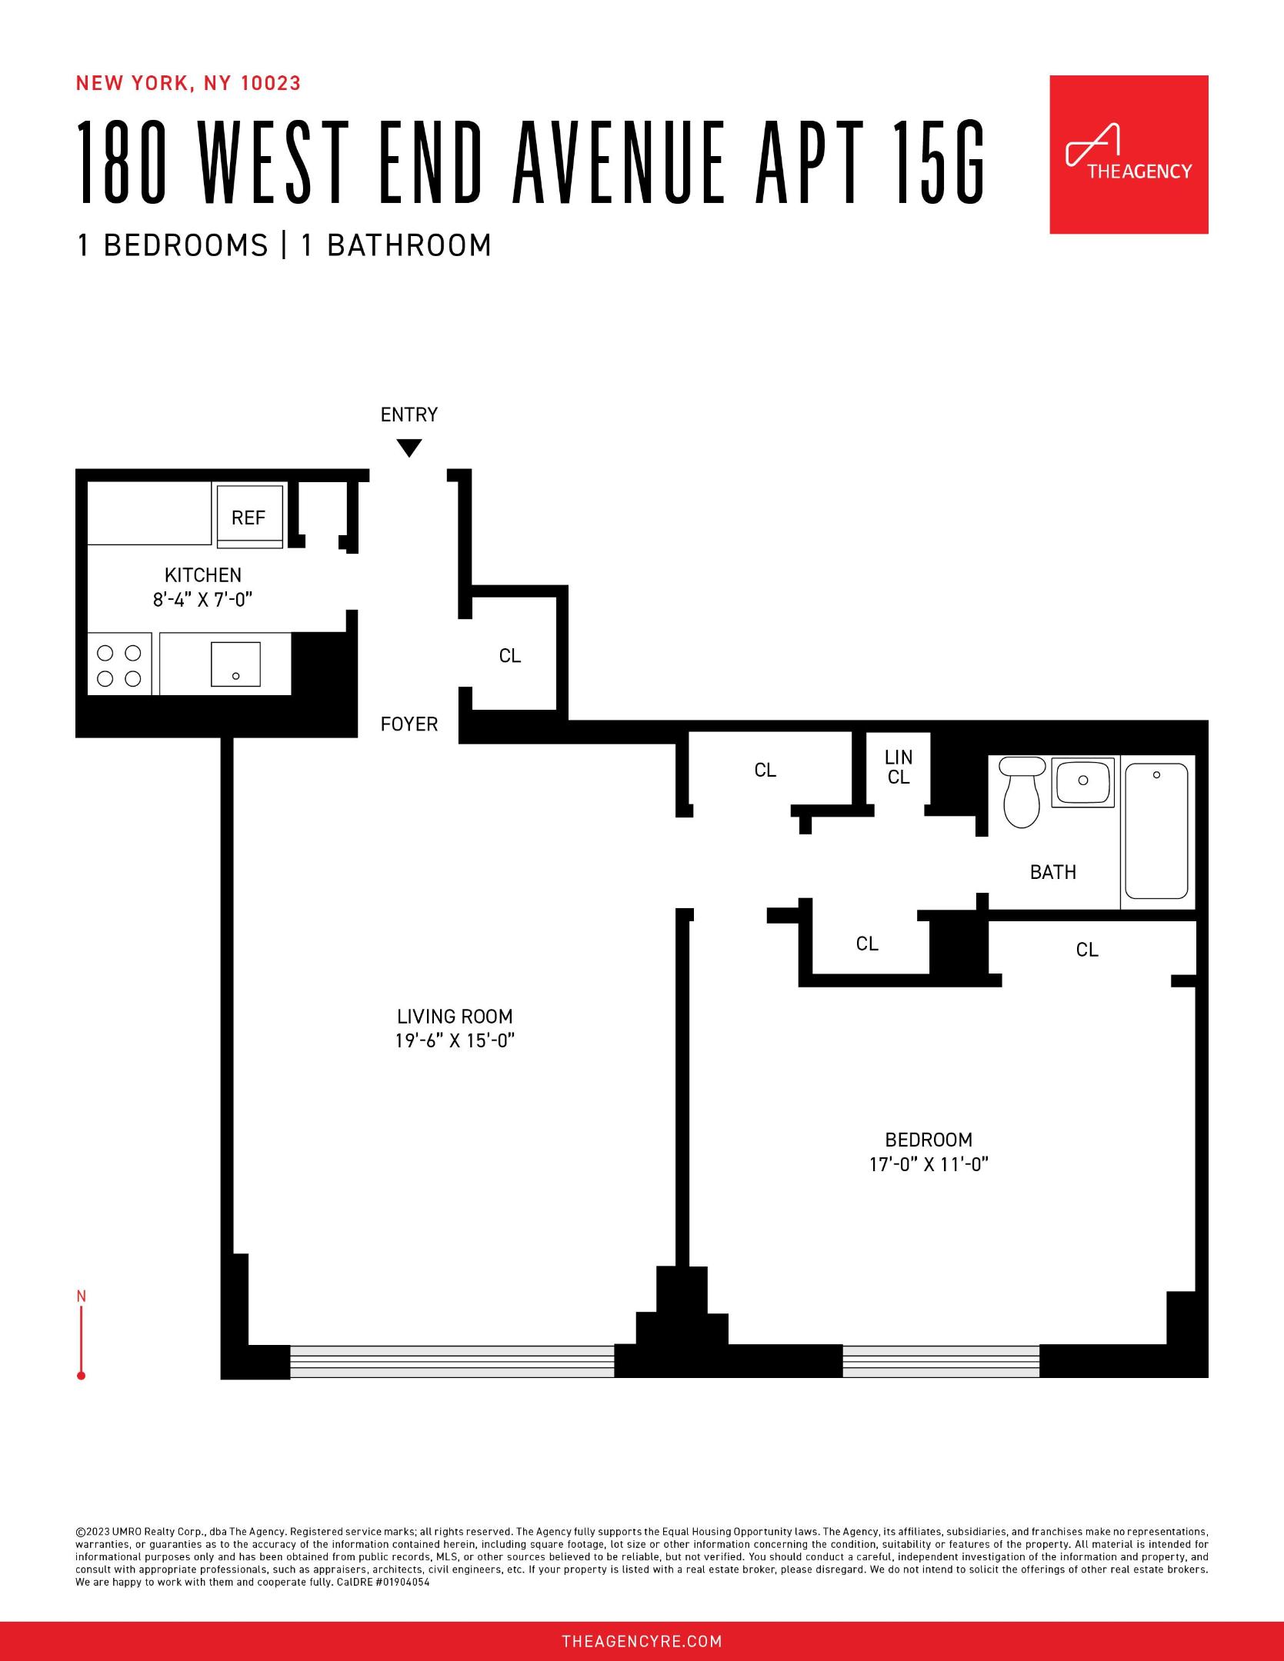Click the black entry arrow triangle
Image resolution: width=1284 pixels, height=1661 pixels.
409,447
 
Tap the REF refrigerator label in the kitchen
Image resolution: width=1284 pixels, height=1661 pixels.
248,518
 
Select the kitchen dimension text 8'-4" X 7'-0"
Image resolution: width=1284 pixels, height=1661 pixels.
202,599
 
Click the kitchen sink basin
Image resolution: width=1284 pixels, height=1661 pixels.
235,664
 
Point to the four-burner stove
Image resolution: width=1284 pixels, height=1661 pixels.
119,664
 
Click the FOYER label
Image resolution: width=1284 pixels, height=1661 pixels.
409,724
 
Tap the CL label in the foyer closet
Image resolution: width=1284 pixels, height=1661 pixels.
510,655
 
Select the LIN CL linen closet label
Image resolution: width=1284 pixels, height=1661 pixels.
898,767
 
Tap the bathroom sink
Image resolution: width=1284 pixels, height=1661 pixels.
1082,781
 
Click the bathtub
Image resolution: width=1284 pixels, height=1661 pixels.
1156,830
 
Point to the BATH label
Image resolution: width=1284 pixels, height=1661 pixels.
1052,872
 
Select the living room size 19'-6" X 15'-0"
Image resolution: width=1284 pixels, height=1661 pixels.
455,1040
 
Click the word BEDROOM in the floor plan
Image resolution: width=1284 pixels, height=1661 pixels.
929,1139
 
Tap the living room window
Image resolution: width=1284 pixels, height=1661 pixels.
452,1361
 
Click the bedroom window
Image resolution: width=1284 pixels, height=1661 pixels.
940,1361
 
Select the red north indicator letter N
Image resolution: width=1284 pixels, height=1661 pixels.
82,1297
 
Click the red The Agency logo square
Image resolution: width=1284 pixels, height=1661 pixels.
1129,155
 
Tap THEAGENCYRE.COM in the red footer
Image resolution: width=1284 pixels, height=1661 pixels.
642,1642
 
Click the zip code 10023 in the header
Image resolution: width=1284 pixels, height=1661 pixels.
271,83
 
